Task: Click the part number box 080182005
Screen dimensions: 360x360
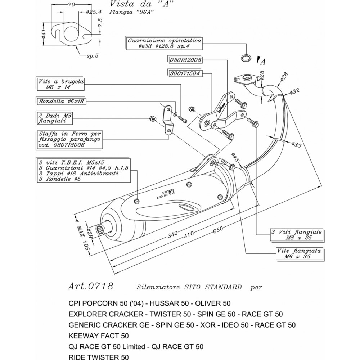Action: click(185, 60)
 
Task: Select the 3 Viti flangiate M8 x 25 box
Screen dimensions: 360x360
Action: click(297, 235)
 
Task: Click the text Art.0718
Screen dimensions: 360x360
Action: click(90, 286)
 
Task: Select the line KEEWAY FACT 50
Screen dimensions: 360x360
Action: click(98, 336)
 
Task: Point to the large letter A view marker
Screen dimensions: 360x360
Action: click(262, 61)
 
